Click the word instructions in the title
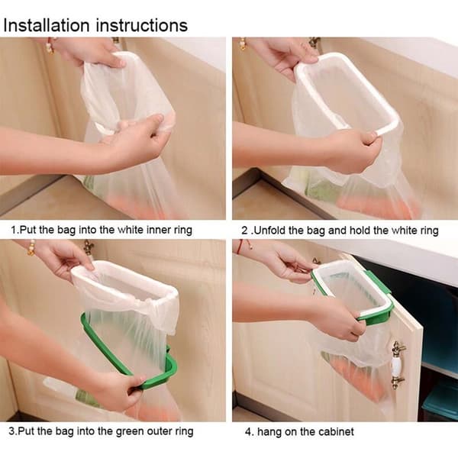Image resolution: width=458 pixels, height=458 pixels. pyautogui.click(x=142, y=25)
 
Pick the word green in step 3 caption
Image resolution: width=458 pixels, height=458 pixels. pyautogui.click(x=130, y=431)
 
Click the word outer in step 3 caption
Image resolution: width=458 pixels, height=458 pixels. pyautogui.click(x=160, y=432)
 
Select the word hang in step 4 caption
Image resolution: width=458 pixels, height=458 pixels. pyautogui.click(x=269, y=432)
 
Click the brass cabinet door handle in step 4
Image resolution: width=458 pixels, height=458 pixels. pyautogui.click(x=398, y=365)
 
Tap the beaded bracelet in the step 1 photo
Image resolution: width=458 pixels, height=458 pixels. pyautogui.click(x=50, y=46)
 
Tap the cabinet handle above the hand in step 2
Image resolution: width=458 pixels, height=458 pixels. pyautogui.click(x=314, y=43)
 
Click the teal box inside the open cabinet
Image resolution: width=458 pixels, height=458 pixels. pyautogui.click(x=440, y=400)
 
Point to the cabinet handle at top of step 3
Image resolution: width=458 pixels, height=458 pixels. pyautogui.click(x=89, y=247)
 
